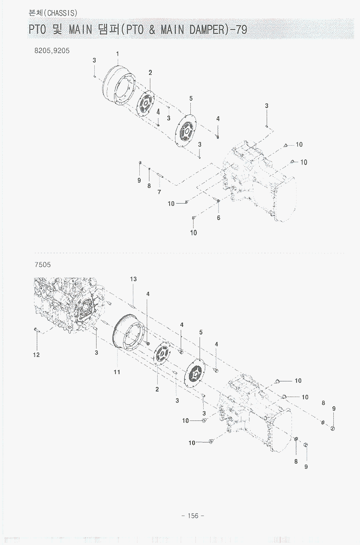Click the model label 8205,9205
[52, 51]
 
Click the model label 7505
[42, 265]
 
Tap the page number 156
[193, 516]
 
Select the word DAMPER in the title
[201, 30]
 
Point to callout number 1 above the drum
[117, 54]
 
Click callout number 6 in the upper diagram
[218, 217]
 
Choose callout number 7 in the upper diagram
[159, 192]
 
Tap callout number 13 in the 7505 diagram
[133, 279]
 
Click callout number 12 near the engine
[36, 354]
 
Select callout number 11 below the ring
[117, 372]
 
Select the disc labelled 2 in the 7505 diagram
[161, 357]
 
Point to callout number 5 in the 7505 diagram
[201, 332]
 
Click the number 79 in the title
[240, 30]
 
